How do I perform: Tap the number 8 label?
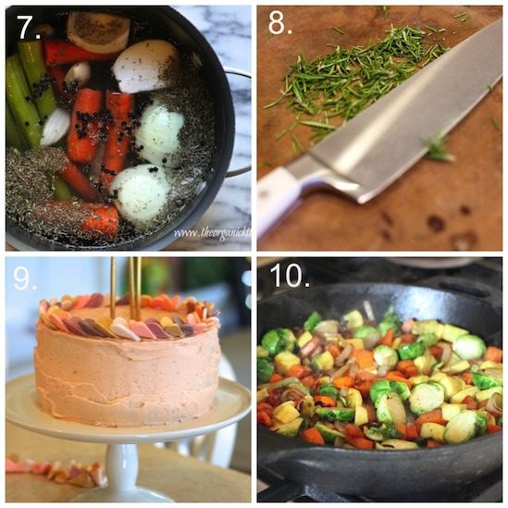pyautogui.click(x=279, y=25)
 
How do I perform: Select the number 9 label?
pyautogui.click(x=26, y=279)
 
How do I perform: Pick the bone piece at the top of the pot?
pyautogui.click(x=98, y=31)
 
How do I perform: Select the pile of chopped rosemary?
pyautogui.click(x=342, y=83)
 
